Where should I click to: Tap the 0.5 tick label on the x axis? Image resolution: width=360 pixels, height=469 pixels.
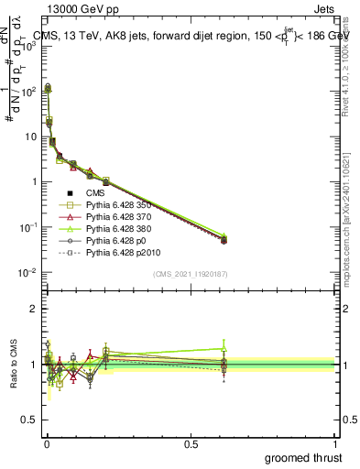[191, 442]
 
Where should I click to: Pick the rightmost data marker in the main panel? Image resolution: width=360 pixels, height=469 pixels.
[224, 239]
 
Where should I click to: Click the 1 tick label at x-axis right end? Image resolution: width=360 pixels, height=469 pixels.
[336, 442]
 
